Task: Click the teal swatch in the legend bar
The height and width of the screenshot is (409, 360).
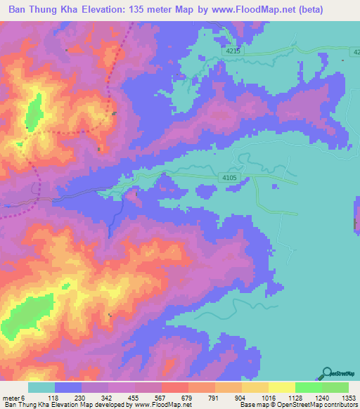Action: (x=41, y=387)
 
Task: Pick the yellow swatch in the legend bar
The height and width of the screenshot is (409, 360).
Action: (x=281, y=387)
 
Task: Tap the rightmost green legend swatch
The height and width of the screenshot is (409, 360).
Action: (x=335, y=387)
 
